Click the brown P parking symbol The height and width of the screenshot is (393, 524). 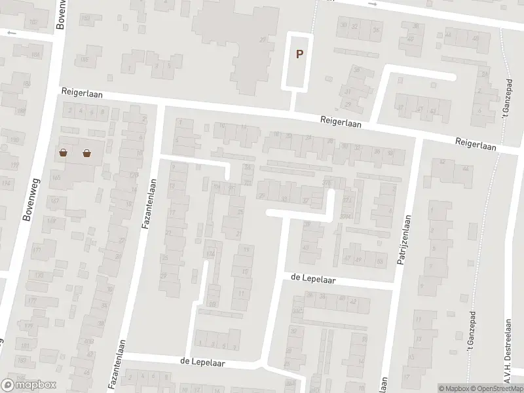point(299,55)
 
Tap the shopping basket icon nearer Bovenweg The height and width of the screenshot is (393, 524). point(64,154)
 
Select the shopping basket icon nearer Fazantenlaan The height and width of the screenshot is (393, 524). point(86,154)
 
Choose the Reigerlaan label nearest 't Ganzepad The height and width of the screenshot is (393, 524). point(477,142)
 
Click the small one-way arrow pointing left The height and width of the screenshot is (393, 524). point(10,32)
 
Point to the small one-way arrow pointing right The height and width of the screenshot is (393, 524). point(374,4)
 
